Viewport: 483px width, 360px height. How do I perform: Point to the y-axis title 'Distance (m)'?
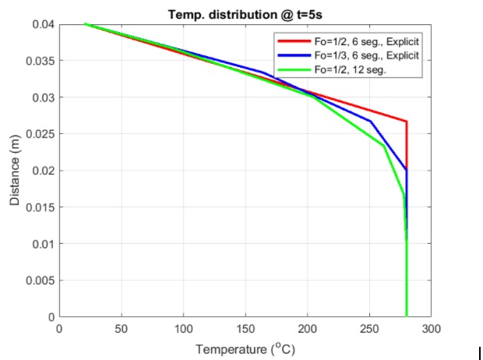[16, 171]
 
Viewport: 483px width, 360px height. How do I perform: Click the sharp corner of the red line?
[406, 122]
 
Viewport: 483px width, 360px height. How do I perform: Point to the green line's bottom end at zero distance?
[407, 316]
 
